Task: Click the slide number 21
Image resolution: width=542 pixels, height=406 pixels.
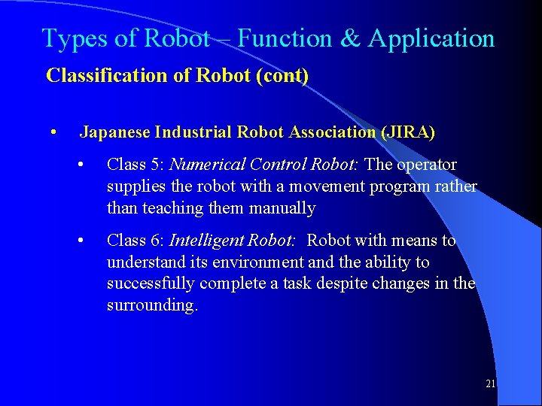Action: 490,384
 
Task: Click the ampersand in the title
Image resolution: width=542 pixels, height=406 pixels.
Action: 351,38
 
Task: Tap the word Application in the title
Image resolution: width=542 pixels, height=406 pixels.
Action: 431,39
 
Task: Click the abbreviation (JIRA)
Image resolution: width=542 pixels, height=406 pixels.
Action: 408,132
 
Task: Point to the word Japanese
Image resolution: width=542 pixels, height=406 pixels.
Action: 114,132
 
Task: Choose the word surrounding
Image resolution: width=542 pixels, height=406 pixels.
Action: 151,305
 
